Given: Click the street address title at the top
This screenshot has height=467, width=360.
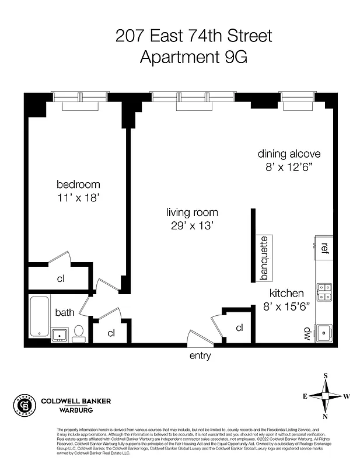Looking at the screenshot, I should point(193,36).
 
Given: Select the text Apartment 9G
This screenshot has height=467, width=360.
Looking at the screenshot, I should point(193,58).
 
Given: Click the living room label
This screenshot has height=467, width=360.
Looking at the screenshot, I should point(192,212).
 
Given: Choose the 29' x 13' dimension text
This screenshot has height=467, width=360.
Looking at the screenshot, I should point(192,226).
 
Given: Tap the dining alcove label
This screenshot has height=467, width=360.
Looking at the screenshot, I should point(289,154).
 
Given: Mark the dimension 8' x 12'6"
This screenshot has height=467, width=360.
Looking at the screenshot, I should point(289,168).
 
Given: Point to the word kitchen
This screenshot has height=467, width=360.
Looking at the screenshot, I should point(286,293).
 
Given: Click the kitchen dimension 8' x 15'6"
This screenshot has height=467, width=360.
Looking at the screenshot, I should point(286,306).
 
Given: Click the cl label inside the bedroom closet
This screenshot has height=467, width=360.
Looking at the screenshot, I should point(60,278).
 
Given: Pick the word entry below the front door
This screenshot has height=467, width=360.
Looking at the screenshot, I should point(200,356).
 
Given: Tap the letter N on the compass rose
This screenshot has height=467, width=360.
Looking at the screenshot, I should point(326,416).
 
